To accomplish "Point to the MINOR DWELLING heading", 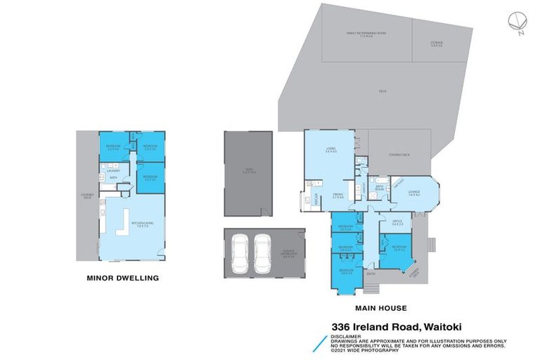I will [x=122, y=278].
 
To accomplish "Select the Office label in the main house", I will [x=397, y=222].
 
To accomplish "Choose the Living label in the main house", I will [x=330, y=150].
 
